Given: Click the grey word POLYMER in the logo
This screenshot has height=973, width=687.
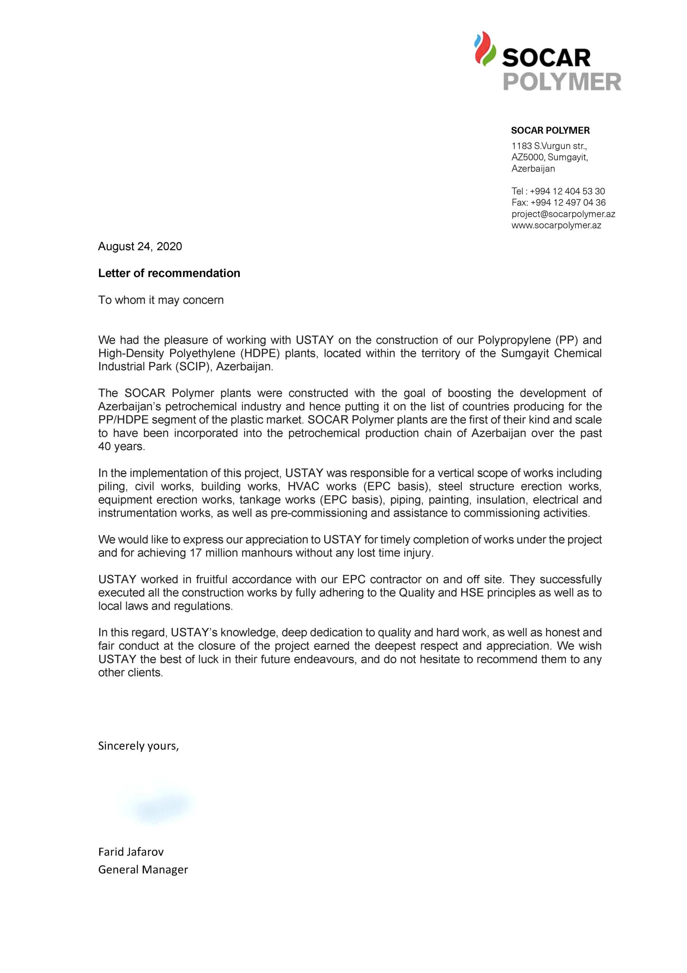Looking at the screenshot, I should point(562,81).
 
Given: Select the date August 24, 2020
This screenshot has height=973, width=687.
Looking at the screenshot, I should point(140,246).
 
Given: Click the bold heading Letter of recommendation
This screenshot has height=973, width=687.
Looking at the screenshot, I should point(169,273).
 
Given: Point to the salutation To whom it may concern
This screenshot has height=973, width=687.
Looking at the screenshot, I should point(161,300).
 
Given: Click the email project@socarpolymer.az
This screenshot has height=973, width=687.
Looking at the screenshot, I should point(563,214).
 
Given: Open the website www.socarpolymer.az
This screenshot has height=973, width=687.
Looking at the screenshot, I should point(556,225).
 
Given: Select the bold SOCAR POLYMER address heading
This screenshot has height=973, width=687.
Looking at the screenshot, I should point(550,130).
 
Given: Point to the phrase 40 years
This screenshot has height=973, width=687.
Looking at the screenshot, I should point(121,447).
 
